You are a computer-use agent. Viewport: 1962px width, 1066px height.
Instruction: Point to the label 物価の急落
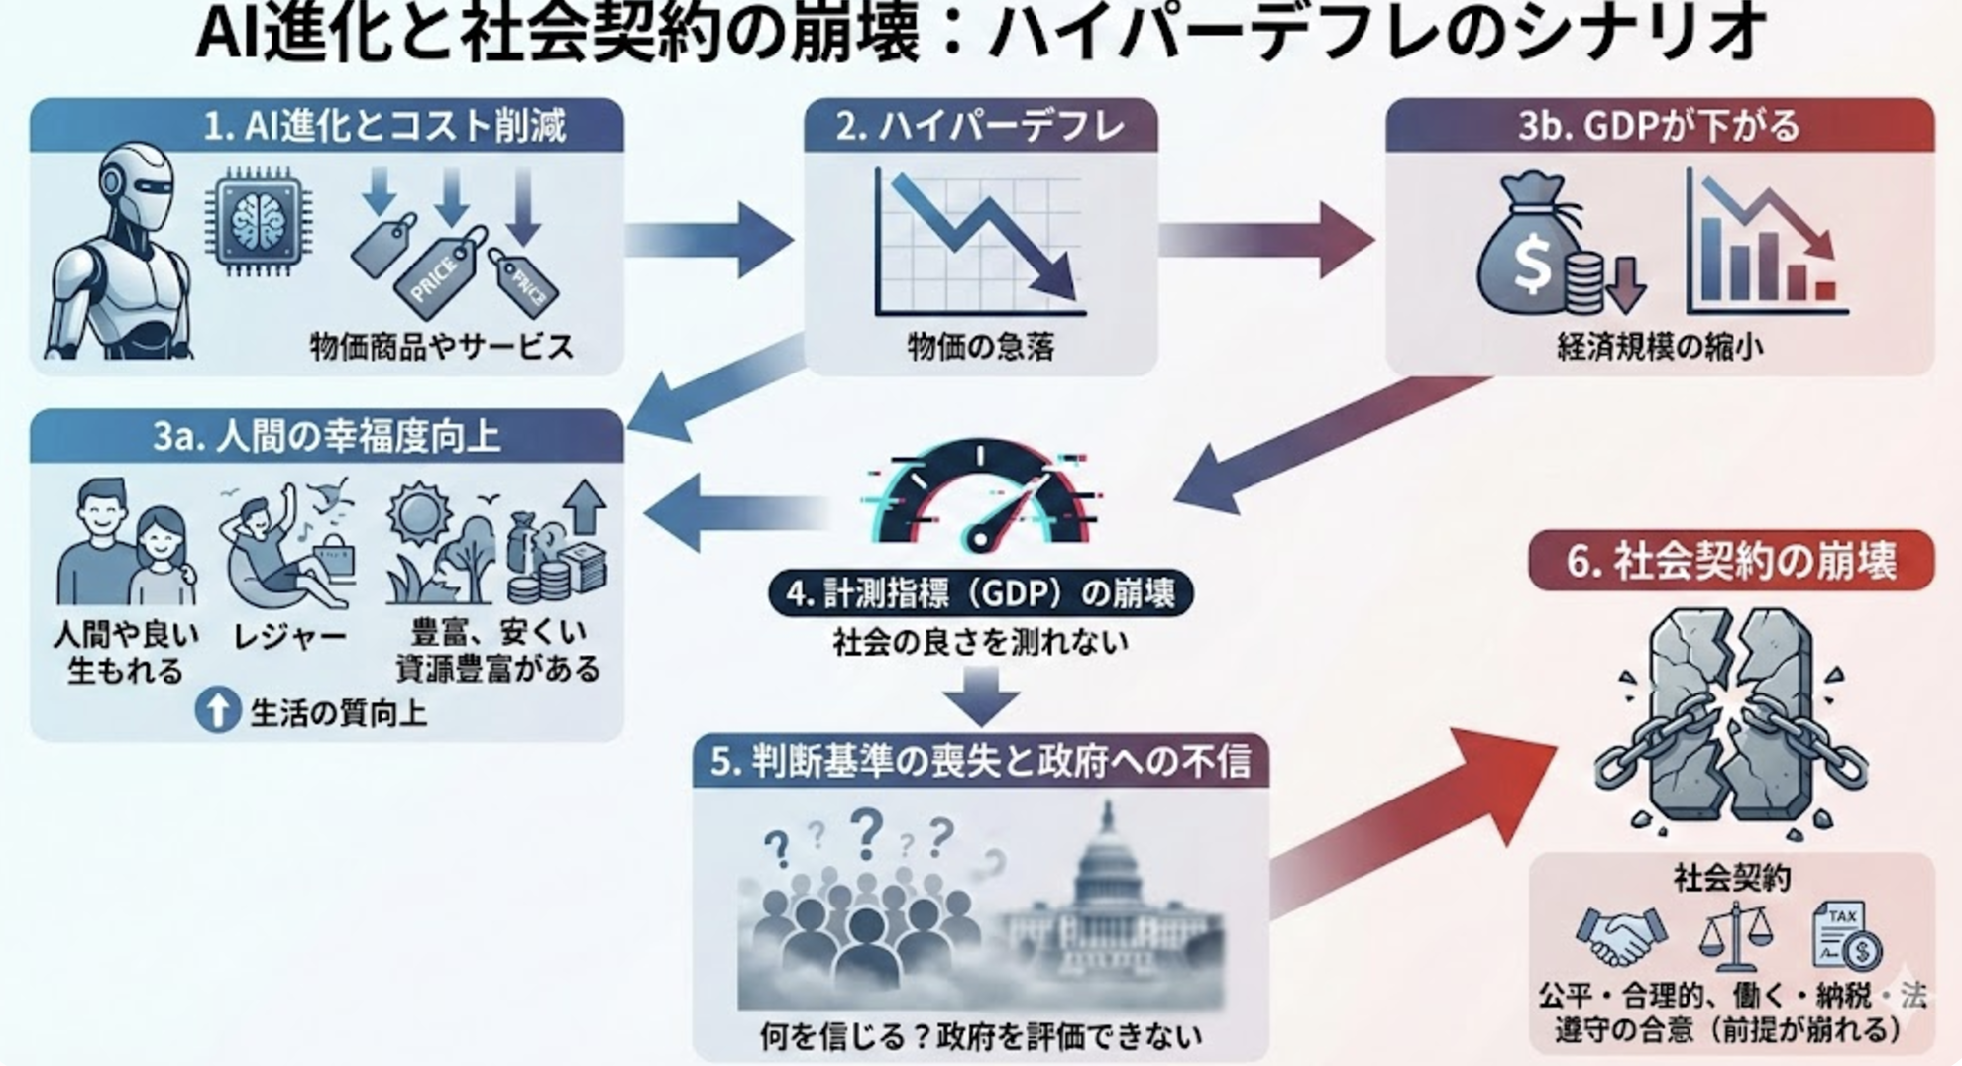click(x=980, y=347)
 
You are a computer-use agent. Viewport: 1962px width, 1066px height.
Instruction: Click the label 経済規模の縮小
click(x=1660, y=347)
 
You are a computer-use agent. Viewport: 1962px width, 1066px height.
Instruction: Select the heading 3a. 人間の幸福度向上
click(x=326, y=437)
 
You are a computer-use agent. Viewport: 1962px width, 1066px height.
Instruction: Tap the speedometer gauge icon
click(x=981, y=495)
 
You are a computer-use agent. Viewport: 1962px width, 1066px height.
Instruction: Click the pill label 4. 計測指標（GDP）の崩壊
click(x=980, y=593)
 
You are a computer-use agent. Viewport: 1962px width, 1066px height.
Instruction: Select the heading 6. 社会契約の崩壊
click(x=1731, y=561)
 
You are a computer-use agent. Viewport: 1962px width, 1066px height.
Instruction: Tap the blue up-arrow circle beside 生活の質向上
click(x=218, y=711)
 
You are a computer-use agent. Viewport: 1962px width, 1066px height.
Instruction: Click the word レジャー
click(x=289, y=637)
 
